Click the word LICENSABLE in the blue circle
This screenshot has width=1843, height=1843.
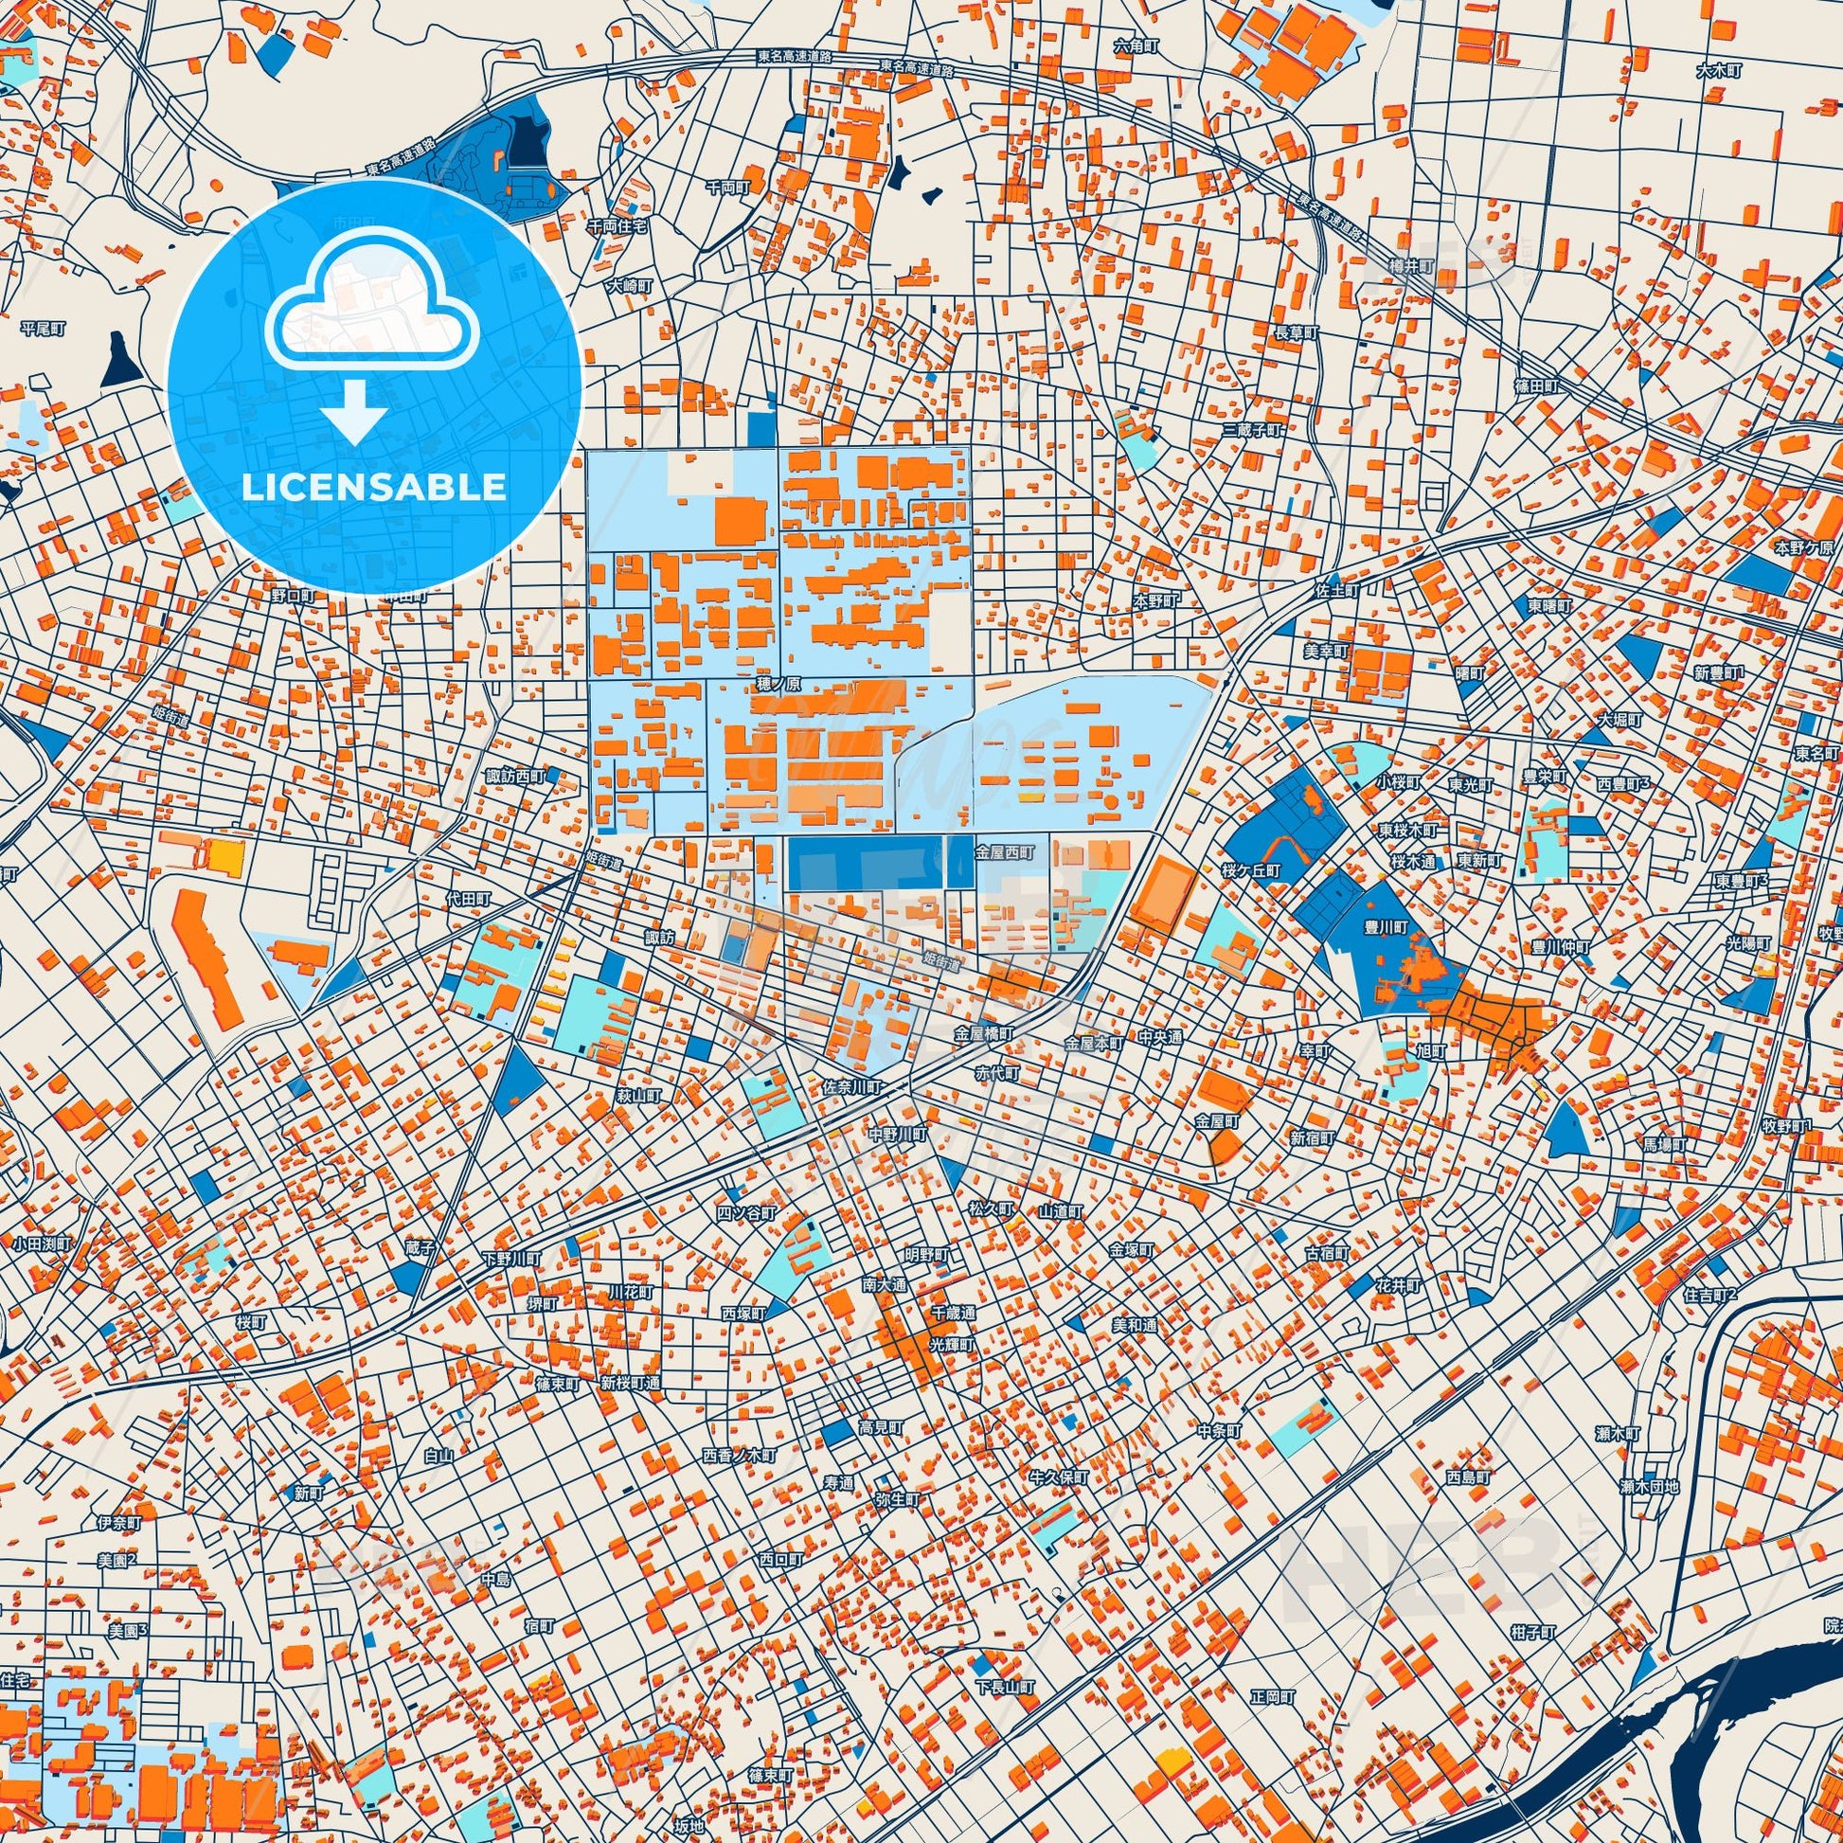[x=374, y=487]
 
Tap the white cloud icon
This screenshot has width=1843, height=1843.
[x=374, y=305]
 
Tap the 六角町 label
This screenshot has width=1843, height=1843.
[x=1137, y=45]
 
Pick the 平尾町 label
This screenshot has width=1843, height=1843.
[x=43, y=328]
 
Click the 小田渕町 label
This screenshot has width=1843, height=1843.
[x=43, y=1244]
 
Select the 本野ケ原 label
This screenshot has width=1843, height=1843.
[x=1804, y=548]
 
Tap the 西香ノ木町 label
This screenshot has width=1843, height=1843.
[x=740, y=1457]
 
